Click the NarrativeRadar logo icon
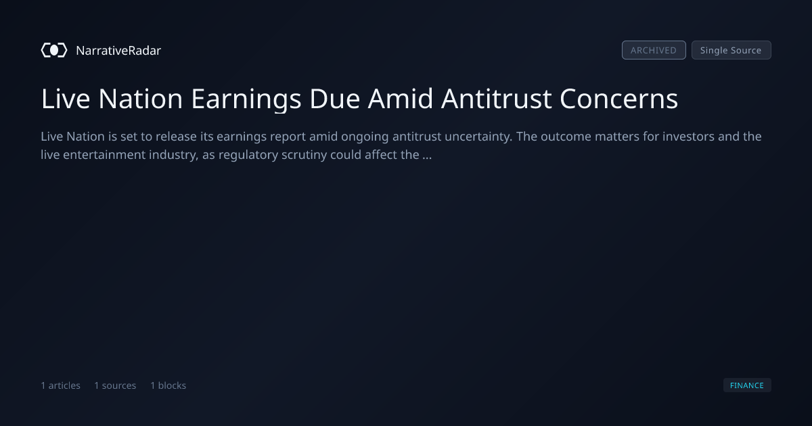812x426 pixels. point(54,50)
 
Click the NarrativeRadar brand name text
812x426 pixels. point(118,51)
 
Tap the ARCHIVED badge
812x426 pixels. point(654,50)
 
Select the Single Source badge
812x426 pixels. point(731,50)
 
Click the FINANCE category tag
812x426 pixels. point(747,385)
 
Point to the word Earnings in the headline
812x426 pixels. point(246,99)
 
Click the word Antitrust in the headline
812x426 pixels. point(496,99)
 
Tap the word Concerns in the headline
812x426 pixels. point(618,99)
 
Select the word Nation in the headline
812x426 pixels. point(141,99)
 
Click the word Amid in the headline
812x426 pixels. point(400,99)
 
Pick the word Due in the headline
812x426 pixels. point(334,99)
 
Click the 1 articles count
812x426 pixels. point(60,385)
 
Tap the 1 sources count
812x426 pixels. point(115,385)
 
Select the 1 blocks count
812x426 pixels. point(168,385)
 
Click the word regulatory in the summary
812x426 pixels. point(248,155)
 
